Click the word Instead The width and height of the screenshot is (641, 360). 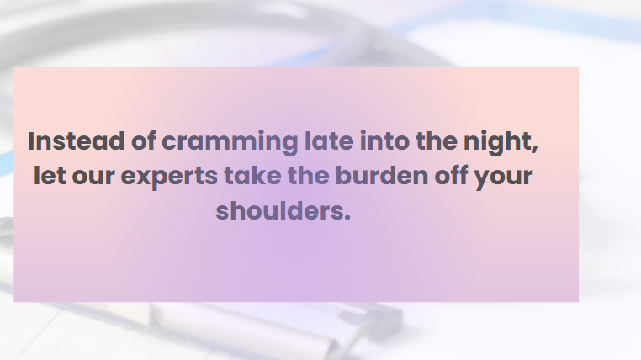pyautogui.click(x=77, y=141)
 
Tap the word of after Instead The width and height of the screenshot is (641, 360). pyautogui.click(x=144, y=140)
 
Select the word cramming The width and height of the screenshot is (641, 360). pyautogui.click(x=230, y=143)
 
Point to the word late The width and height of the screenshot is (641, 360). pyautogui.click(x=329, y=140)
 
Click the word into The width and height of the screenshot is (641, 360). pyautogui.click(x=384, y=141)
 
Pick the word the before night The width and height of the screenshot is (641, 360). pyautogui.click(x=437, y=140)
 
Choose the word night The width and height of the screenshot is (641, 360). pyautogui.click(x=497, y=143)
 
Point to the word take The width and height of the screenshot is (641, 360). pyautogui.click(x=252, y=175)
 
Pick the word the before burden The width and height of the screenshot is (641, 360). pyautogui.click(x=308, y=175)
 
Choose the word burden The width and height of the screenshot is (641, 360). pyautogui.click(x=381, y=175)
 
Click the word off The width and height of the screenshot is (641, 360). pyautogui.click(x=451, y=175)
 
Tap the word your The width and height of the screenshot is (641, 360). pyautogui.click(x=503, y=178)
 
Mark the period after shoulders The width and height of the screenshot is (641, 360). pyautogui.click(x=347, y=218)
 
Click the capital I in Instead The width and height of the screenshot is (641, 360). pyautogui.click(x=30, y=141)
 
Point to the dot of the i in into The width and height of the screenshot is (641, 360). pyautogui.click(x=363, y=133)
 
